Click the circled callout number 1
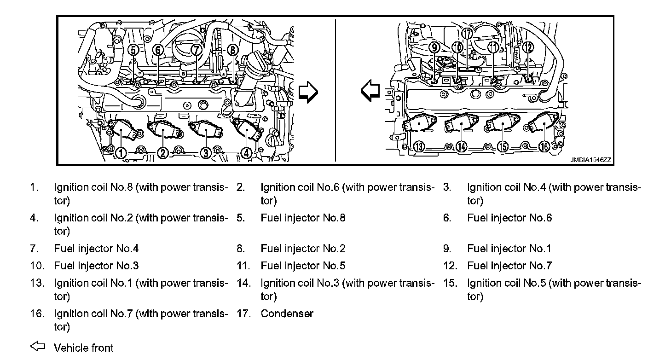click(x=121, y=153)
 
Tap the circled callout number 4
click(x=247, y=153)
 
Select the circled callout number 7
click(x=197, y=49)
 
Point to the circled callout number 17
click(x=468, y=34)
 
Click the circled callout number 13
click(x=419, y=146)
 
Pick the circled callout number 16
click(x=544, y=146)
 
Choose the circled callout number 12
click(x=528, y=47)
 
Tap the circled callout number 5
click(x=133, y=49)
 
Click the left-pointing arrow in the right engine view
click(x=370, y=91)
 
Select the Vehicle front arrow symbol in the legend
click(x=37, y=346)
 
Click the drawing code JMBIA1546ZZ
click(x=590, y=160)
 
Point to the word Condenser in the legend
click(x=287, y=314)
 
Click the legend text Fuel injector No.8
click(x=303, y=218)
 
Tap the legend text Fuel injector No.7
click(x=509, y=266)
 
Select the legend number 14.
click(x=243, y=283)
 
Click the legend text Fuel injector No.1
click(x=509, y=249)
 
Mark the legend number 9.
click(x=447, y=249)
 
